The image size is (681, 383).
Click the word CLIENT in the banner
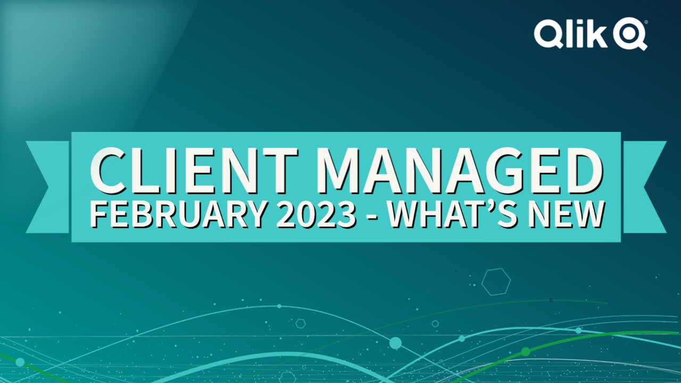click(194, 171)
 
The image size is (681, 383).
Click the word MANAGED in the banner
click(460, 171)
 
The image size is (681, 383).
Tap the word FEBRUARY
click(179, 214)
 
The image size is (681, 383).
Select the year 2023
click(316, 214)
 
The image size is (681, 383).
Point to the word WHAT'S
click(452, 214)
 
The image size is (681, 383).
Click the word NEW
click(566, 214)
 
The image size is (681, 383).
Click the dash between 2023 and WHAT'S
click(372, 217)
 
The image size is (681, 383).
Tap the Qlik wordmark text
click(571, 34)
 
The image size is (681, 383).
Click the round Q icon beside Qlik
click(629, 34)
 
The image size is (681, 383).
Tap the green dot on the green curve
click(525, 352)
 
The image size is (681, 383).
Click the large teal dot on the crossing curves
click(395, 343)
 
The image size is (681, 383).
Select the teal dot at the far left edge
click(20, 362)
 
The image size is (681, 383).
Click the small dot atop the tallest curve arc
click(279, 306)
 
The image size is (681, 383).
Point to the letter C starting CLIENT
click(108, 171)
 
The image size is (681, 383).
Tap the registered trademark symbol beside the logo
click(646, 22)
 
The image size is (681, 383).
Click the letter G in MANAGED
click(508, 171)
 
